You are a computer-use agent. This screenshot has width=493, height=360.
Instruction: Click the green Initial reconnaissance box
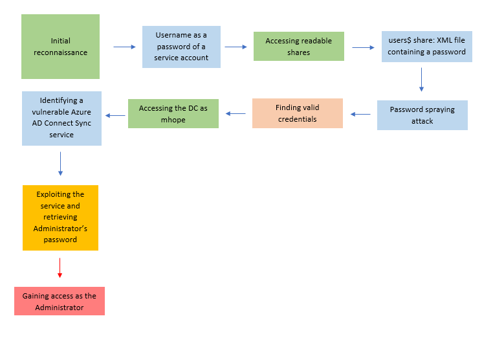click(x=60, y=47)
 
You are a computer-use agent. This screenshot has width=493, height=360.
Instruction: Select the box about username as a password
click(x=181, y=47)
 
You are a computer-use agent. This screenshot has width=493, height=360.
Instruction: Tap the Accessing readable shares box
click(x=298, y=47)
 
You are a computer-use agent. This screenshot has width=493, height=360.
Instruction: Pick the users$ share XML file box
click(x=426, y=47)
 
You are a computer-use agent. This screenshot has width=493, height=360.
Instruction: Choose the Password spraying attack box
click(x=422, y=115)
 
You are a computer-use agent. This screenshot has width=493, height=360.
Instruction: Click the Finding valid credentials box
click(x=297, y=113)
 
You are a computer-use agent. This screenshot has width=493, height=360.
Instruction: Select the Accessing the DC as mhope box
click(x=173, y=113)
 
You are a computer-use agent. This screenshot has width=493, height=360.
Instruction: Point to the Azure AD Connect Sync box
click(x=61, y=118)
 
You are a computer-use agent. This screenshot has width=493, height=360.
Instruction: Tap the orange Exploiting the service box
click(x=60, y=217)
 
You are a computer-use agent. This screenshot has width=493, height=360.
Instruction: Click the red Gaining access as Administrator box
click(x=59, y=301)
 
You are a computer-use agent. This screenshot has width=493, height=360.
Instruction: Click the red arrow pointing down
click(x=60, y=268)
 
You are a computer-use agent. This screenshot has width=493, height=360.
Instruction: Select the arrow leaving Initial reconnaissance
click(x=124, y=47)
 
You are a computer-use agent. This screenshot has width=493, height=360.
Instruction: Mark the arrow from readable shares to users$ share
click(x=363, y=47)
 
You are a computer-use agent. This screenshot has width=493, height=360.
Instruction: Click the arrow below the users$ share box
click(x=421, y=79)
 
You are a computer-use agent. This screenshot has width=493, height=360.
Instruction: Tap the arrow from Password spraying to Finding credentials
click(x=360, y=115)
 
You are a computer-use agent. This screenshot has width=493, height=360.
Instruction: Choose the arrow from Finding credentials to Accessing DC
click(x=236, y=114)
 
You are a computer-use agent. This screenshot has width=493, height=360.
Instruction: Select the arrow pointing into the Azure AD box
click(x=115, y=116)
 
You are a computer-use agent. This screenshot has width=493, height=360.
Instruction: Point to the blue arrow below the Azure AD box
click(x=60, y=164)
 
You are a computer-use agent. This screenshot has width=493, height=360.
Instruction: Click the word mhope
click(x=173, y=120)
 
